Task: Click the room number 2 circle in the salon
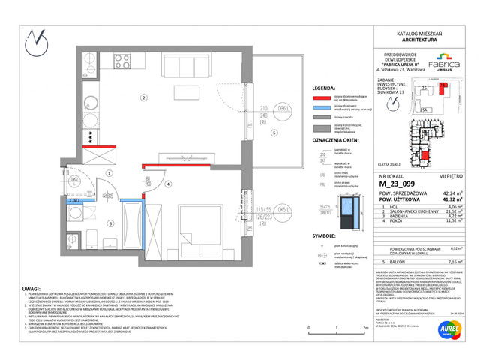pos(142,97)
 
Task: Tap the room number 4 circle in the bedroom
pos(169,184)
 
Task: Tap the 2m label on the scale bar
pos(364,328)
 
